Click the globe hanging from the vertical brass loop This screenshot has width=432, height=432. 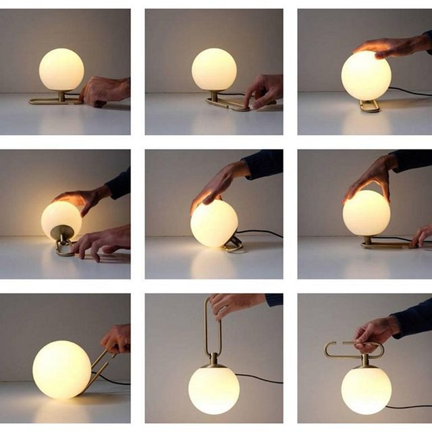point(213,389)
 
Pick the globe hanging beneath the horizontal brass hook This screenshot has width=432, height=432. point(366,389)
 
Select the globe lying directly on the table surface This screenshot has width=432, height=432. point(61,369)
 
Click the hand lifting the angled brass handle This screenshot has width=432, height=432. point(116,337)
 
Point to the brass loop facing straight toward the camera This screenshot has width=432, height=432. point(369,105)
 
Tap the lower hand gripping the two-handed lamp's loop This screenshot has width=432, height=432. point(105,240)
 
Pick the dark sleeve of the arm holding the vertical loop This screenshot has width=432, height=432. point(273,299)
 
